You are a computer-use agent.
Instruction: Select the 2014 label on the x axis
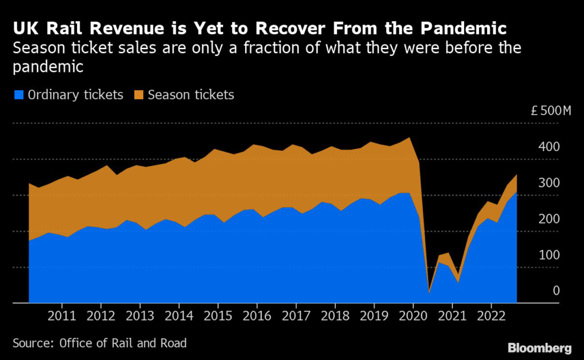pyautogui.click(x=179, y=316)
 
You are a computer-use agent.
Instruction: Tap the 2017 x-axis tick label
pyautogui.click(x=296, y=316)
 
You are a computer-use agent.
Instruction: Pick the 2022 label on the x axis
pyautogui.click(x=491, y=316)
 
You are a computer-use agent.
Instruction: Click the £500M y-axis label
pyautogui.click(x=550, y=111)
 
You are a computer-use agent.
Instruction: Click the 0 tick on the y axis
pyautogui.click(x=556, y=291)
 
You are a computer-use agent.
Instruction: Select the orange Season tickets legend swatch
pyautogui.click(x=139, y=95)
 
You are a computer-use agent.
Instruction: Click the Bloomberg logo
pyautogui.click(x=540, y=347)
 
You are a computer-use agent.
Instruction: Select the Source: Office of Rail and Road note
pyautogui.click(x=99, y=343)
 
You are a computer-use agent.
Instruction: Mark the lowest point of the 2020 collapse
pyautogui.click(x=429, y=292)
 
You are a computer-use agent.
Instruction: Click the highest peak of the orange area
pyautogui.click(x=409, y=137)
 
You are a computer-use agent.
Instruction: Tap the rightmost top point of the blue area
pyautogui.click(x=517, y=192)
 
